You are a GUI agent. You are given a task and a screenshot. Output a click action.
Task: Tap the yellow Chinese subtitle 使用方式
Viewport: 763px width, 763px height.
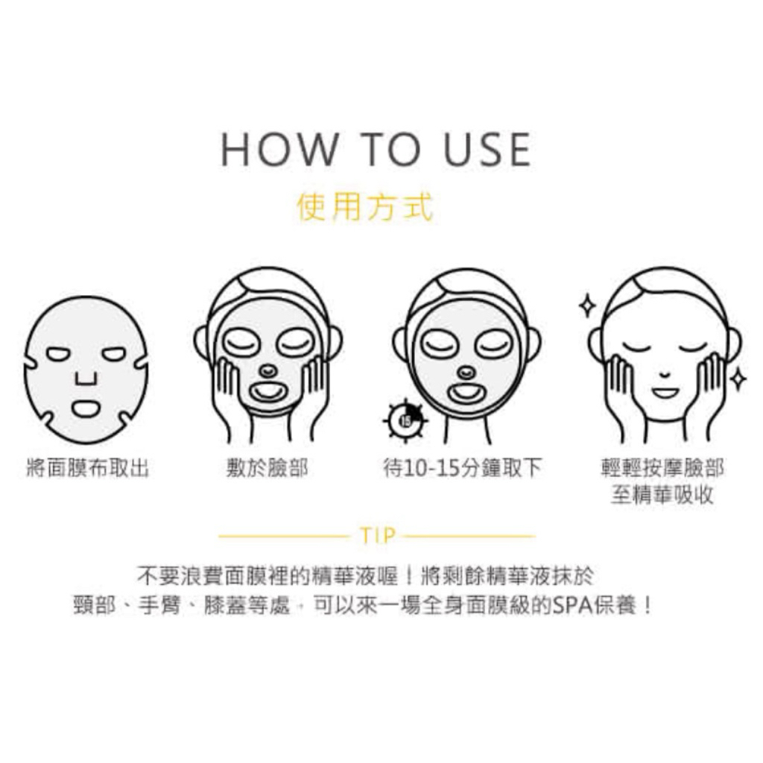(x=365, y=207)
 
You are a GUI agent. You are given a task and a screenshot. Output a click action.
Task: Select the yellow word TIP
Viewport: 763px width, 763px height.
(x=378, y=536)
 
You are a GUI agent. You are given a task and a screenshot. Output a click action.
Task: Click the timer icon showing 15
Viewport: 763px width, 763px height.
(x=405, y=420)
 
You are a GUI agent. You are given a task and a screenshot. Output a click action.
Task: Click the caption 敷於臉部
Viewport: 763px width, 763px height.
(x=267, y=468)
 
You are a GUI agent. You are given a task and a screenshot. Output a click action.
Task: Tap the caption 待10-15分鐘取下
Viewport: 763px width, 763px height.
(x=462, y=468)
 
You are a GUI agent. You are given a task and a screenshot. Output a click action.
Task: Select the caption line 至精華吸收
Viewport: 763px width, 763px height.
(x=662, y=495)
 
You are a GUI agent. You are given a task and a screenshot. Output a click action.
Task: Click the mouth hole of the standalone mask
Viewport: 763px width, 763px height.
(x=86, y=409)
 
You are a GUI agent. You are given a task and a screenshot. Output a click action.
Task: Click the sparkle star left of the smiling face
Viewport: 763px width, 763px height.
(x=587, y=305)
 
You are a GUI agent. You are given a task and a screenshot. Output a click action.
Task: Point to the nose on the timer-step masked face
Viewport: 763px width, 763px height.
(x=466, y=373)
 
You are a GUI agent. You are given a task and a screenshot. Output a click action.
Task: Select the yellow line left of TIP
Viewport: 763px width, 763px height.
(x=284, y=536)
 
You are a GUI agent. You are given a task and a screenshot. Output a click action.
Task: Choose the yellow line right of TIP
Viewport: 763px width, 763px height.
(x=469, y=536)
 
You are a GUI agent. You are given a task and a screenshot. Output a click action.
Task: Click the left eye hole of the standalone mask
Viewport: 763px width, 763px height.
(x=58, y=354)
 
